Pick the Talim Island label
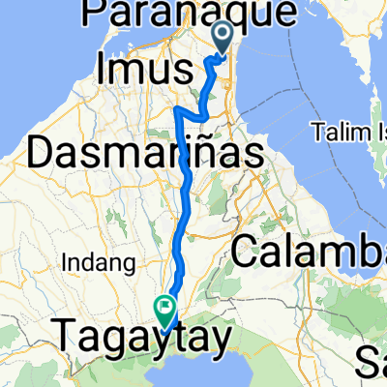349,130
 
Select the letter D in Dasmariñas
45,153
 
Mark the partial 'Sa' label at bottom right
372,364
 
